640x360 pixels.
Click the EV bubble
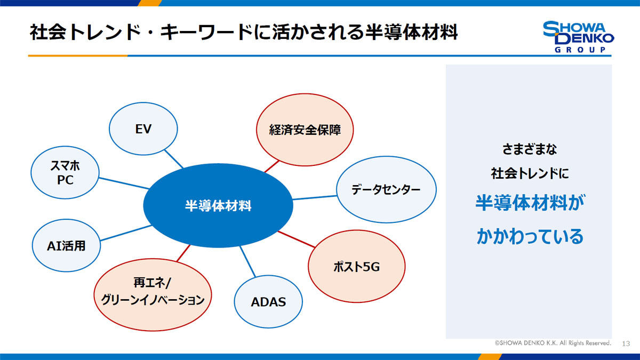143,129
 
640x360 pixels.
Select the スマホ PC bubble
65,173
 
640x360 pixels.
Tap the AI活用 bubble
66,245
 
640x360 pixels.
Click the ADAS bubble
268,302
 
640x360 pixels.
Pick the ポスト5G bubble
357,266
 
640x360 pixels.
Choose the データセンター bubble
386,189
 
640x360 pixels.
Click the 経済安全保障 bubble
305,130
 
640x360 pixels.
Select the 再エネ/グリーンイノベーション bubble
153,295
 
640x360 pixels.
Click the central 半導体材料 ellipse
218,206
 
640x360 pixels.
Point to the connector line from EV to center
174,159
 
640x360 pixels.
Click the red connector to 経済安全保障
271,166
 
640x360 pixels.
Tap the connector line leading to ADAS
247,261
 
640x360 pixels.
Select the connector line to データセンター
315,197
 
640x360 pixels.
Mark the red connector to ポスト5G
297,239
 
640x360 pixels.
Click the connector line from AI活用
126,233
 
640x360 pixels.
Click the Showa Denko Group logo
578,37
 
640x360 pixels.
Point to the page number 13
626,343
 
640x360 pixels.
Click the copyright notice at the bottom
553,343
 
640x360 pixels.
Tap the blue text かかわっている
530,236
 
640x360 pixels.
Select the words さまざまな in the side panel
530,149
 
